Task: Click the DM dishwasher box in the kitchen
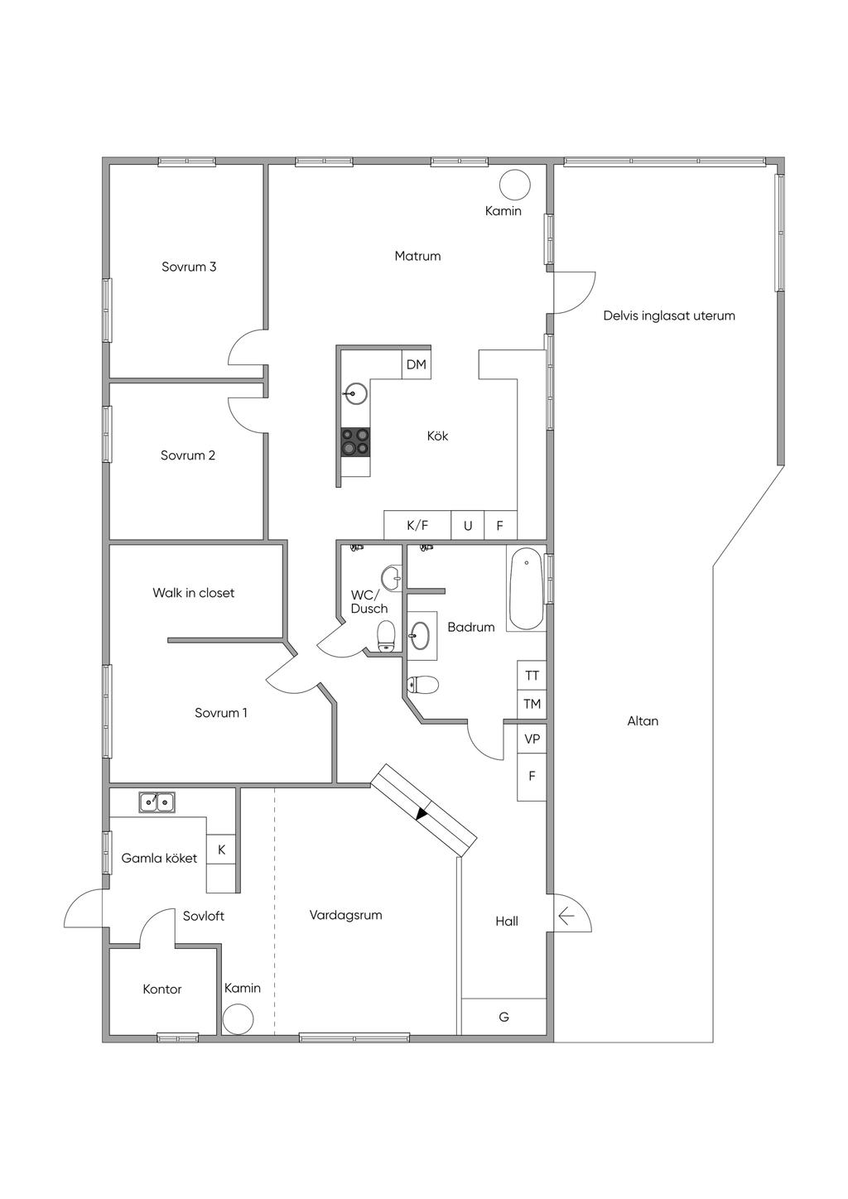(416, 364)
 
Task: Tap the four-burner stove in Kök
(355, 442)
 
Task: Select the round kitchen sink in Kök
(354, 393)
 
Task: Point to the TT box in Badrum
(532, 675)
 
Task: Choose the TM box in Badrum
(532, 703)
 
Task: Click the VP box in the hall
(532, 739)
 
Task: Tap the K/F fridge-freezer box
(417, 525)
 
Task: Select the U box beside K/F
(468, 525)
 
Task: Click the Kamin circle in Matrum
(515, 185)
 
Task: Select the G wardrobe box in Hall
(503, 1017)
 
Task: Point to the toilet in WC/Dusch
(386, 636)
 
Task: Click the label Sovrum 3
(189, 267)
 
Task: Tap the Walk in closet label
(193, 593)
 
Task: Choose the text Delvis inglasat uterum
(669, 315)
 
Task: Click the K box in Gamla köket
(221, 850)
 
